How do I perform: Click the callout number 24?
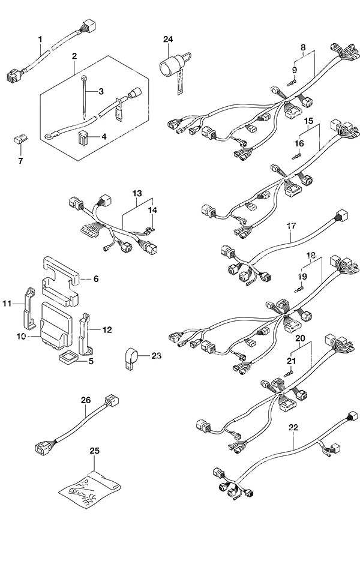pos(168,39)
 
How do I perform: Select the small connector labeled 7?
pos(20,140)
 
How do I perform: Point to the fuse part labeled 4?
pos(84,137)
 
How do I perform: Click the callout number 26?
pos(86,400)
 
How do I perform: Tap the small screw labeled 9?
pos(291,83)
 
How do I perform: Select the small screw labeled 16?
pos(296,157)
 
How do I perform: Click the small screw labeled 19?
pos(299,290)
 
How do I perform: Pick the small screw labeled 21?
pos(289,373)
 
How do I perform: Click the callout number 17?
pos(291,226)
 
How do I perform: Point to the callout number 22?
pos(293,427)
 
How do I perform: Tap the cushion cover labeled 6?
pos(61,281)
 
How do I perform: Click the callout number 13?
pos(137,193)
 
